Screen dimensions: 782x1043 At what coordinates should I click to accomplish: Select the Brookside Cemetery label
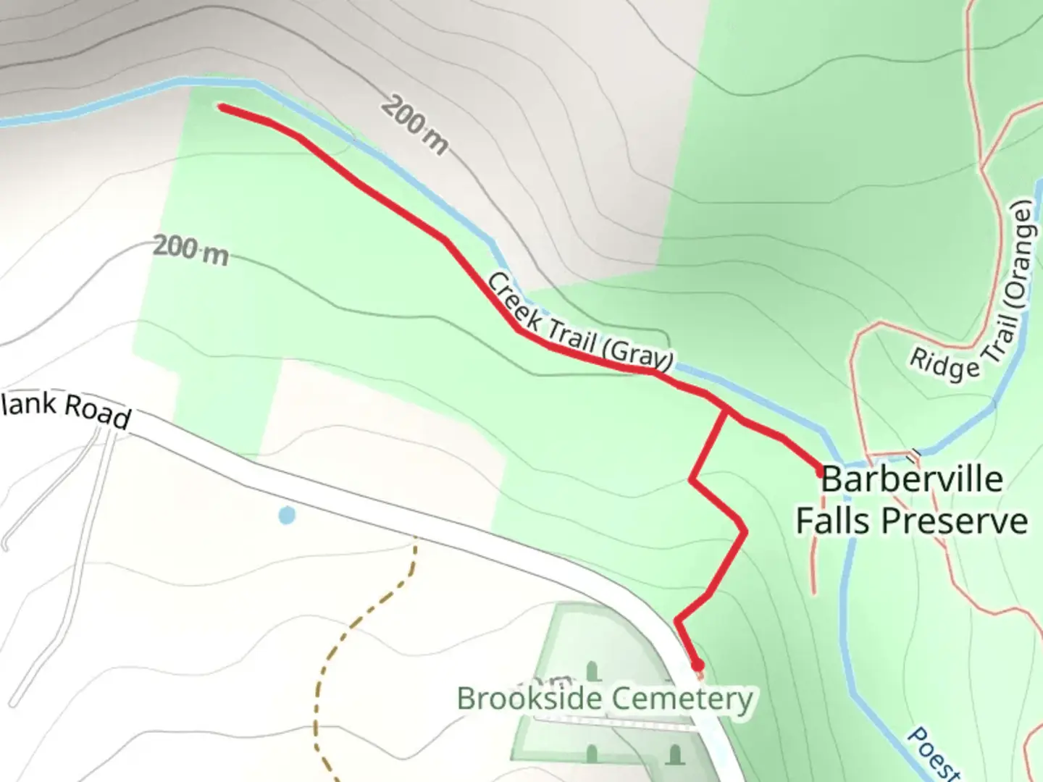coord(605,699)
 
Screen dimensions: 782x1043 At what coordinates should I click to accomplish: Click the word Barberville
coord(912,479)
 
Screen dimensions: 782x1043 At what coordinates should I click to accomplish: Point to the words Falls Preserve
coord(911,521)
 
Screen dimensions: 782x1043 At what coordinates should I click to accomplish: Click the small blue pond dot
coord(287,516)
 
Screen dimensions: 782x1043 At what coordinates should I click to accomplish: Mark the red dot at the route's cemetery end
coord(697,665)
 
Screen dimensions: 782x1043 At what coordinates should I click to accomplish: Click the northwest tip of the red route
coord(222,107)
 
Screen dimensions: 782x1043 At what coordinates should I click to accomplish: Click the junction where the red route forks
coord(725,411)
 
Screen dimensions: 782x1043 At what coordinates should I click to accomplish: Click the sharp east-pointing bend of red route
coord(745,532)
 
